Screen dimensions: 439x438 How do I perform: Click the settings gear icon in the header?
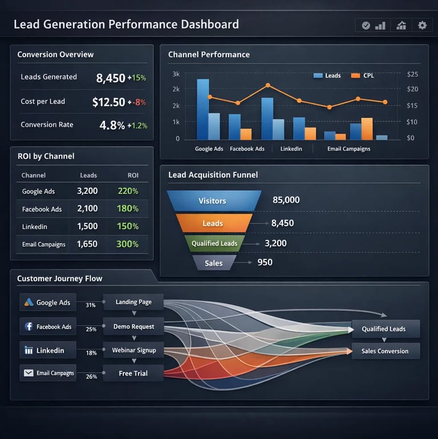422,25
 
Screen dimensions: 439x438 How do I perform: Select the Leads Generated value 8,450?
110,78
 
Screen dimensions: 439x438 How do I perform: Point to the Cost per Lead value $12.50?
108,102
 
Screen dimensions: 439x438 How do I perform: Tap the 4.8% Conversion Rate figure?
112,125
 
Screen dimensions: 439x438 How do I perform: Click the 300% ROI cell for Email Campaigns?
128,244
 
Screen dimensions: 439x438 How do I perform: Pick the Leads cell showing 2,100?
87,209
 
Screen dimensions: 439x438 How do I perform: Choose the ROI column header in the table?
133,176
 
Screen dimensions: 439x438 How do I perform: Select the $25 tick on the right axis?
413,74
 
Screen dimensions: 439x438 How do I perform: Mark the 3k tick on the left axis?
176,74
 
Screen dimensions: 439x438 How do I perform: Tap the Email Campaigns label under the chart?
348,149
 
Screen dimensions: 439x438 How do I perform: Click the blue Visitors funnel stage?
212,201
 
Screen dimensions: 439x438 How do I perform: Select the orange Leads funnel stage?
213,223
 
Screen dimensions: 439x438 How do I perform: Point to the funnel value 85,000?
286,200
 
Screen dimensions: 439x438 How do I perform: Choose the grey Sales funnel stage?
213,263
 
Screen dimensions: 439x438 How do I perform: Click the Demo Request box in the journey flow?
133,327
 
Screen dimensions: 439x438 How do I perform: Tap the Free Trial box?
133,373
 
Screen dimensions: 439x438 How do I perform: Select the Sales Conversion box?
385,351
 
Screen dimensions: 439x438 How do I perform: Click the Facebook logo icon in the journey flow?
29,327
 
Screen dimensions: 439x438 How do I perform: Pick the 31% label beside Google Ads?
90,305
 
